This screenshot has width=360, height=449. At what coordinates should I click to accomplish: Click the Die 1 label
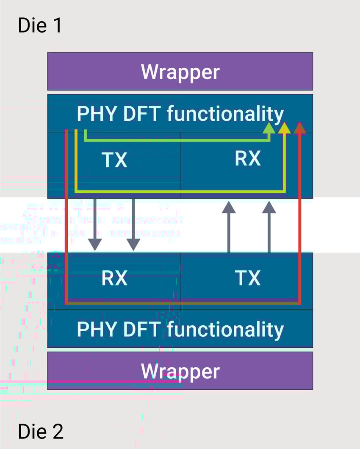click(x=40, y=25)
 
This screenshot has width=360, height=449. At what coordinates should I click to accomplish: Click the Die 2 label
click(x=41, y=431)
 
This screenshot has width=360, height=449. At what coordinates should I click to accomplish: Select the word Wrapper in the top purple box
click(x=180, y=72)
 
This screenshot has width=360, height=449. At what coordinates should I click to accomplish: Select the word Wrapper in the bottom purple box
click(x=180, y=371)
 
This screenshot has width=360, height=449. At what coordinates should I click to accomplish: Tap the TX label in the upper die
click(x=114, y=160)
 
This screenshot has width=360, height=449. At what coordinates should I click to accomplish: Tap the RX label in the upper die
click(x=247, y=158)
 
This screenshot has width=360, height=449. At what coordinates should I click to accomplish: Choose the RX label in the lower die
click(x=114, y=278)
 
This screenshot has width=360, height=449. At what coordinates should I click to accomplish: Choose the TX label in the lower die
click(x=247, y=278)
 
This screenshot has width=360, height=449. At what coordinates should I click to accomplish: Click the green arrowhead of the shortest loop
click(x=269, y=128)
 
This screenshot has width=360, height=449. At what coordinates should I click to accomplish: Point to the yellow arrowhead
click(x=285, y=128)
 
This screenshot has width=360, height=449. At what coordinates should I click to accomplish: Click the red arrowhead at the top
click(x=299, y=128)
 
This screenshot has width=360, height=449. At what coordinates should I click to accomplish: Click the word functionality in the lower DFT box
click(x=225, y=330)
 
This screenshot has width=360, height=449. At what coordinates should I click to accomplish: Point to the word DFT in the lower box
click(x=137, y=330)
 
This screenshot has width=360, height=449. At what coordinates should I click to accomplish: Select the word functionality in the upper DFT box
click(x=225, y=114)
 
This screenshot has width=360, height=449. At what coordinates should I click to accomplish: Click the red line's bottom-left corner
click(x=66, y=303)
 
